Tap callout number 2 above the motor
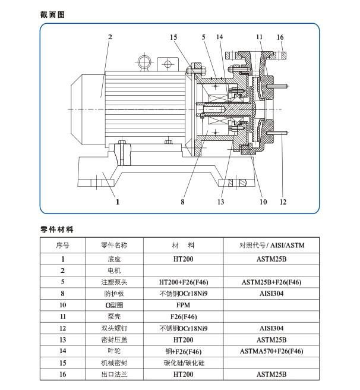tap(110, 37)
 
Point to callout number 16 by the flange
tap(280, 37)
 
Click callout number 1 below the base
tap(118, 202)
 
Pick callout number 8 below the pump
tap(184, 202)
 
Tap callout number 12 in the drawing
tap(283, 202)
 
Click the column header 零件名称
tap(114, 245)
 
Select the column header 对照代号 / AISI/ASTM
tap(271, 245)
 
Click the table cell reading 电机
tap(114, 271)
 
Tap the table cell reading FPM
tap(182, 305)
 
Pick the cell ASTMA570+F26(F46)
tap(271, 351)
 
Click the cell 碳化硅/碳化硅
tap(182, 363)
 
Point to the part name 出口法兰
tap(114, 375)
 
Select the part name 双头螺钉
tap(114, 328)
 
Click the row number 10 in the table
tap(62, 305)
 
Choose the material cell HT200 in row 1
tap(182, 259)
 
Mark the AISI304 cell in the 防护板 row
tap(271, 294)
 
